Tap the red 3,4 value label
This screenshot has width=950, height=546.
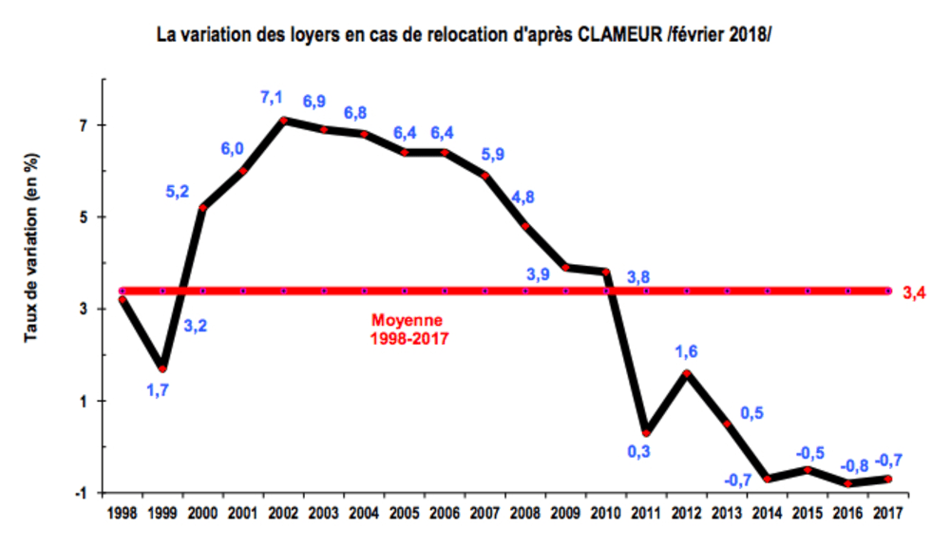[914, 292]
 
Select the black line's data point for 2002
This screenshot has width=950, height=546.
[284, 121]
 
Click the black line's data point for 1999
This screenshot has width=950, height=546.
[163, 368]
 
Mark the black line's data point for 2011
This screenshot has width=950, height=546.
[647, 432]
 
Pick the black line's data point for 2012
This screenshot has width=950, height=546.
[687, 372]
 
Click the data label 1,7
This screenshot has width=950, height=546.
[158, 387]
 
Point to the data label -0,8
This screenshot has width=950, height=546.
[853, 465]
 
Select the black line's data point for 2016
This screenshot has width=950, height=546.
[848, 483]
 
